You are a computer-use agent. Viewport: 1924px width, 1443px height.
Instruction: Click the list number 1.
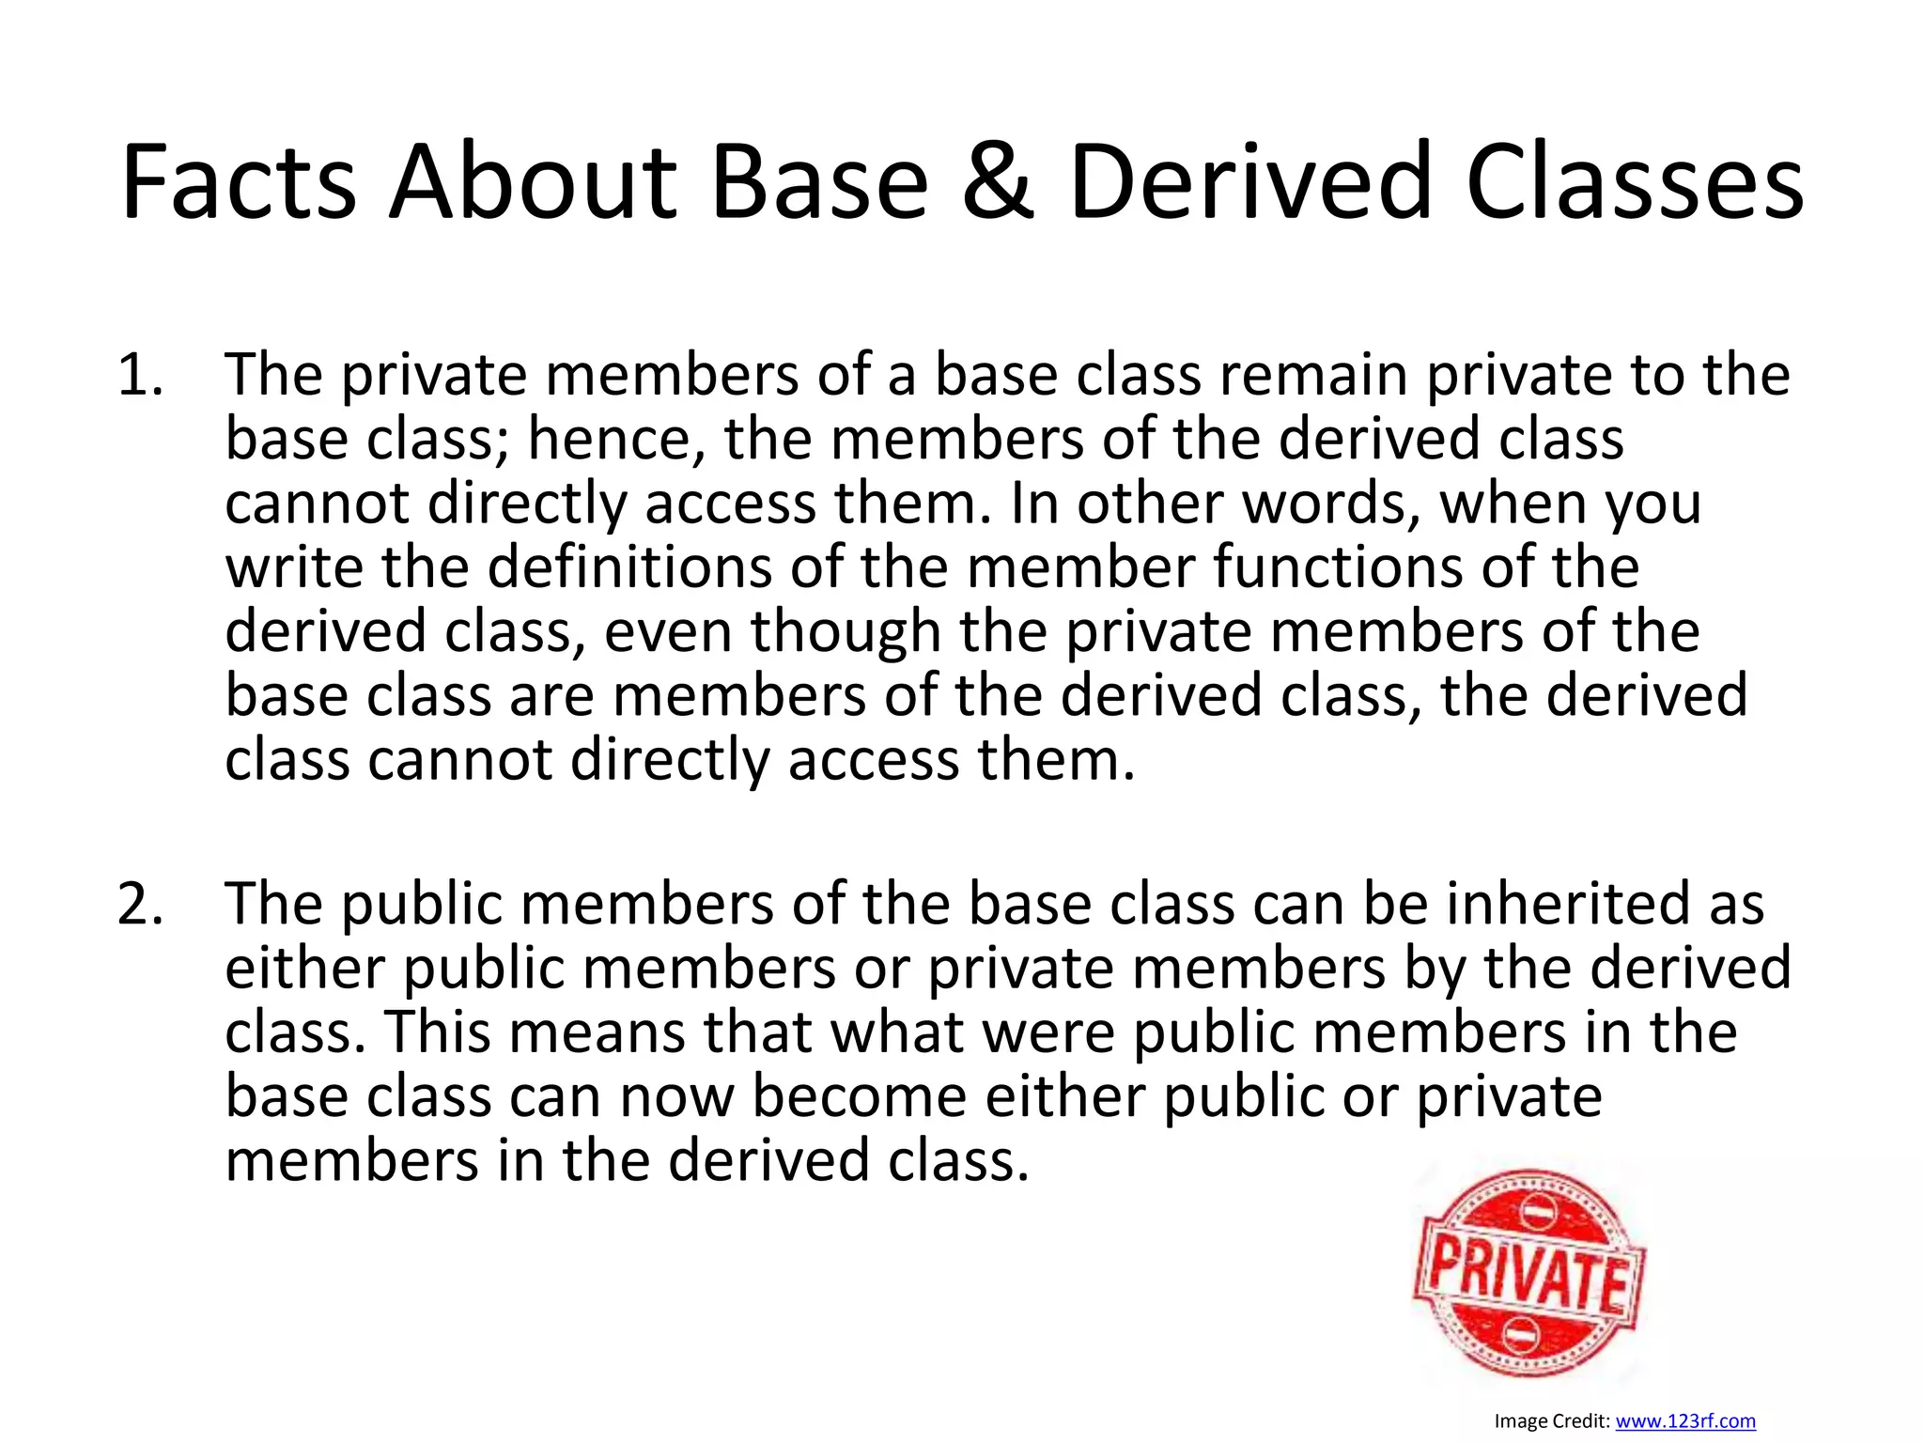(141, 375)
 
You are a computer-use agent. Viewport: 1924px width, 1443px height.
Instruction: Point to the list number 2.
(141, 904)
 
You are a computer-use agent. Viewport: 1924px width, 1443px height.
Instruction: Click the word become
(859, 1096)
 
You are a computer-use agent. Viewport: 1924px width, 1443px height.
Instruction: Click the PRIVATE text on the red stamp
(1529, 1275)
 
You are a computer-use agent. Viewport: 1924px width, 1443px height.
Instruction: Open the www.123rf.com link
(1685, 1421)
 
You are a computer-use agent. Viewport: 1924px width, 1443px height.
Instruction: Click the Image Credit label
(1552, 1421)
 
